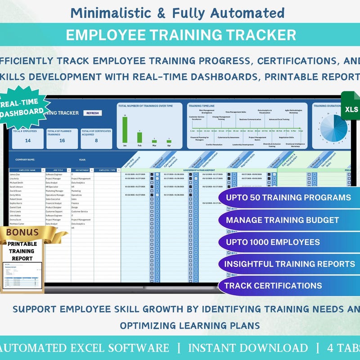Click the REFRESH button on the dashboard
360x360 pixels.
click(x=92, y=113)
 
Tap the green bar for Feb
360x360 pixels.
click(x=139, y=137)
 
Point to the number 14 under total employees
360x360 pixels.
click(x=28, y=140)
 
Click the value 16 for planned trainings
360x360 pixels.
click(x=62, y=140)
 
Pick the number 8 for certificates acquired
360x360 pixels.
click(x=96, y=140)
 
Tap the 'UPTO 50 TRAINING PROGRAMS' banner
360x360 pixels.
click(x=288, y=198)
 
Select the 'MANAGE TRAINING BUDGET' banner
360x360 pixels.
click(x=288, y=220)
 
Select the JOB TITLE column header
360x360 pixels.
click(x=57, y=170)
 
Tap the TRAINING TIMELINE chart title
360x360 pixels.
click(x=198, y=106)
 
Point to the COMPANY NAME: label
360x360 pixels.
click(x=25, y=159)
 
